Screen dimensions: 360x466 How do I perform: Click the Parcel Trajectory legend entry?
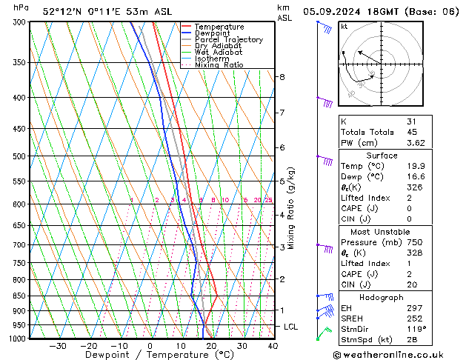(x=228, y=40)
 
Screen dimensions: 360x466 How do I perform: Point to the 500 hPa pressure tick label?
(x=21, y=156)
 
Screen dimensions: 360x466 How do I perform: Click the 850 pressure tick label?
(x=21, y=296)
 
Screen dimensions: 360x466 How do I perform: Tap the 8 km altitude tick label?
(x=282, y=77)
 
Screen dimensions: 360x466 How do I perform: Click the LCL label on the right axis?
(x=292, y=327)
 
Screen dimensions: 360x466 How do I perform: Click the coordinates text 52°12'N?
(x=62, y=12)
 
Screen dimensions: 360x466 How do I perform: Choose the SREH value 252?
(x=413, y=319)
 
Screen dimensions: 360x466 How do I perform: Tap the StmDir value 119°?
(x=416, y=329)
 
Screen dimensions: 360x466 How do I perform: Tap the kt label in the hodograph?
(x=344, y=27)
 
